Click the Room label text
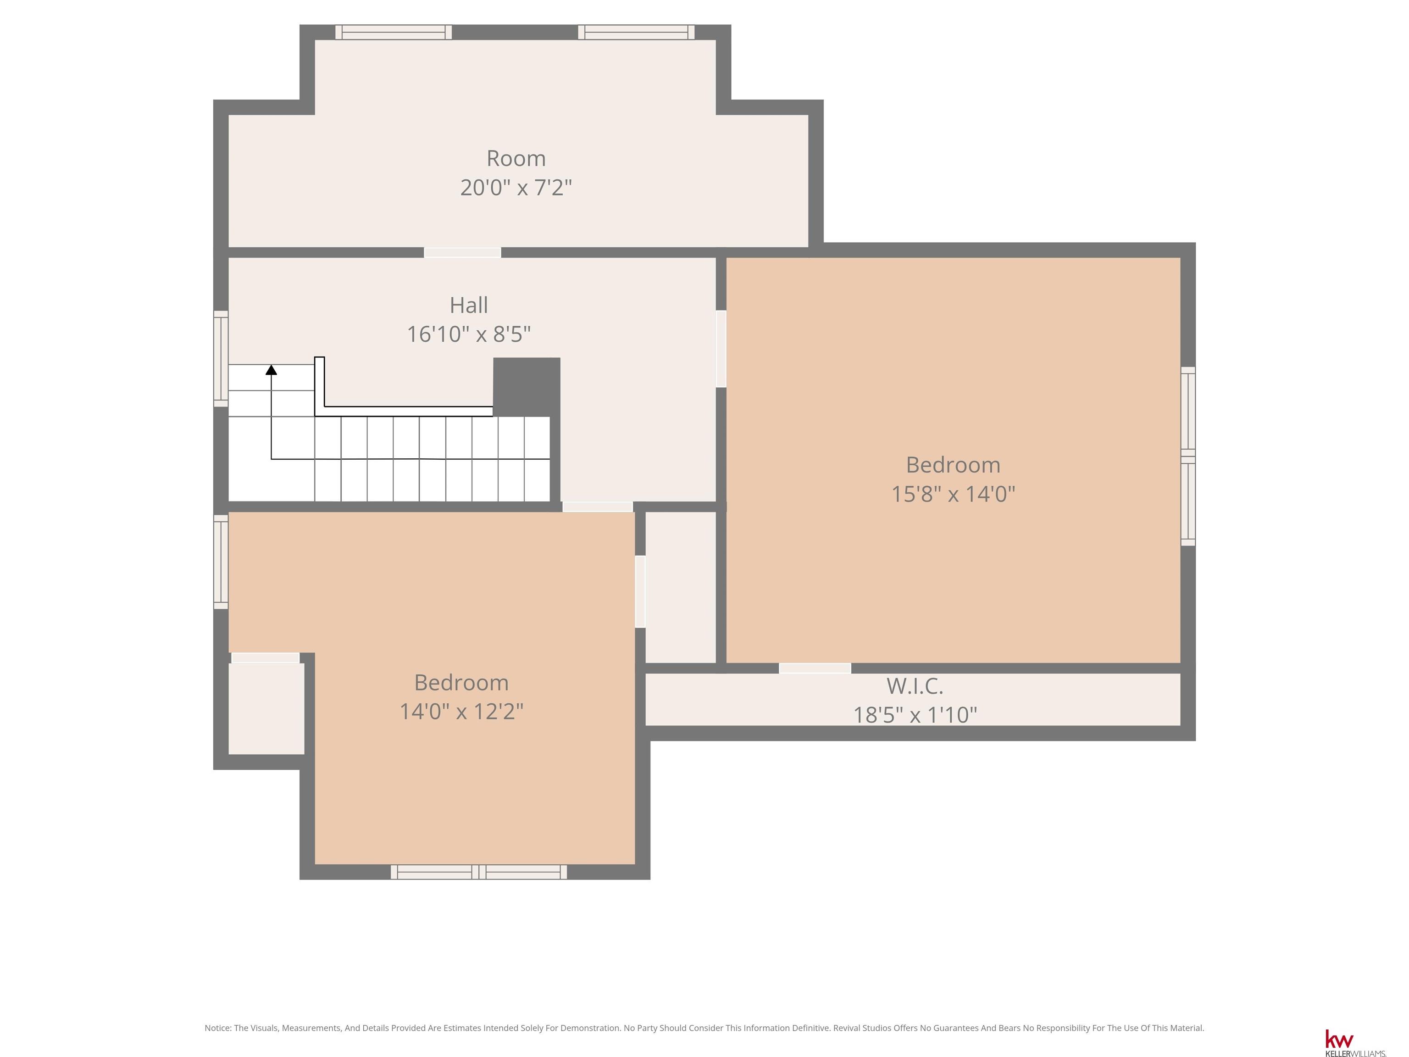[516, 158]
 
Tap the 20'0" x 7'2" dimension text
[516, 187]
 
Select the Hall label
[469, 305]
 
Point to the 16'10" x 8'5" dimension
[469, 334]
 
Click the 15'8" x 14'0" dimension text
[953, 494]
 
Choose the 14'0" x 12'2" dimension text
[461, 711]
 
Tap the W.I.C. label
[915, 686]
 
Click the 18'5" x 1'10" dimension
[915, 715]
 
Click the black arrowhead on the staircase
[272, 369]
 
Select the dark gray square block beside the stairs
[527, 387]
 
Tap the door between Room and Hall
[462, 252]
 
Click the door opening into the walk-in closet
[815, 668]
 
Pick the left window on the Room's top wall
[394, 32]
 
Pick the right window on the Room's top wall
[636, 32]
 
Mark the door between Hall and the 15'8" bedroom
[721, 349]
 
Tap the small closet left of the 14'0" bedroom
[266, 708]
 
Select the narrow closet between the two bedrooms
[681, 587]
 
